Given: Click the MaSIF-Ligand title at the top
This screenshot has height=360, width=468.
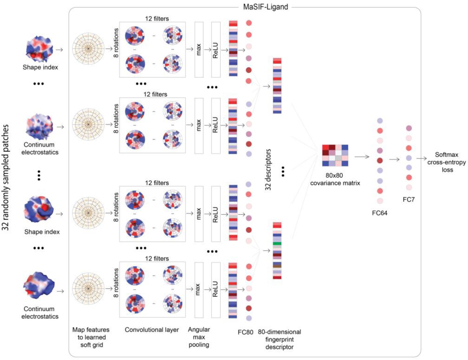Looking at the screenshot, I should tap(265, 7).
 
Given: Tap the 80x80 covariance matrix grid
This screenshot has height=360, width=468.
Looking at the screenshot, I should tap(335, 155).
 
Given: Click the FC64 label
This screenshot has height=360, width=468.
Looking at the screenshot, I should tap(379, 213).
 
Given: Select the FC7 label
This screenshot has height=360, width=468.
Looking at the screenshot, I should tap(408, 200).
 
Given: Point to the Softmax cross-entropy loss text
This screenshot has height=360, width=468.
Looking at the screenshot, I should tap(446, 162).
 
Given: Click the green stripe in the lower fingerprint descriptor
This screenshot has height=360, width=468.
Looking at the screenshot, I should tap(277, 244).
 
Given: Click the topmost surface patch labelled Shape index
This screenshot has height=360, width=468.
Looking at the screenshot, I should tap(39, 49).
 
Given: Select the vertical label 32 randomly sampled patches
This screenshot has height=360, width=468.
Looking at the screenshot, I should tap(6, 177).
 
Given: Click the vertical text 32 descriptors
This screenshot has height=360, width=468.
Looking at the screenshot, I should tap(268, 170).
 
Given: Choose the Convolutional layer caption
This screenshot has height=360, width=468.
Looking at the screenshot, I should tap(152, 330).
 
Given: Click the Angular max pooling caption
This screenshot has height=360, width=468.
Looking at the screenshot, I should tap(199, 337).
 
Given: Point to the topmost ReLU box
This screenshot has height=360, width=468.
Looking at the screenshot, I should tap(216, 50).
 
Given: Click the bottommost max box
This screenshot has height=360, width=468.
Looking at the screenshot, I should tap(199, 290).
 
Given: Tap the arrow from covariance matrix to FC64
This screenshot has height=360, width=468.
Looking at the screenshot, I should tap(362, 157).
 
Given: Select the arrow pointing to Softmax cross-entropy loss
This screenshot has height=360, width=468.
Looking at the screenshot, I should tap(421, 159).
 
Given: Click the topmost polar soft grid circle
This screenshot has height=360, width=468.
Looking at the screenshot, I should tap(88, 48).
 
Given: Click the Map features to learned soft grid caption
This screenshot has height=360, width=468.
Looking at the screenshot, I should tap(91, 337).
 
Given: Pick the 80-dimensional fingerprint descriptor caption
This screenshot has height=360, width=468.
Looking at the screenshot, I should tap(279, 339).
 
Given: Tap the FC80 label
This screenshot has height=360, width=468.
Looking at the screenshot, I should tap(245, 332).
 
